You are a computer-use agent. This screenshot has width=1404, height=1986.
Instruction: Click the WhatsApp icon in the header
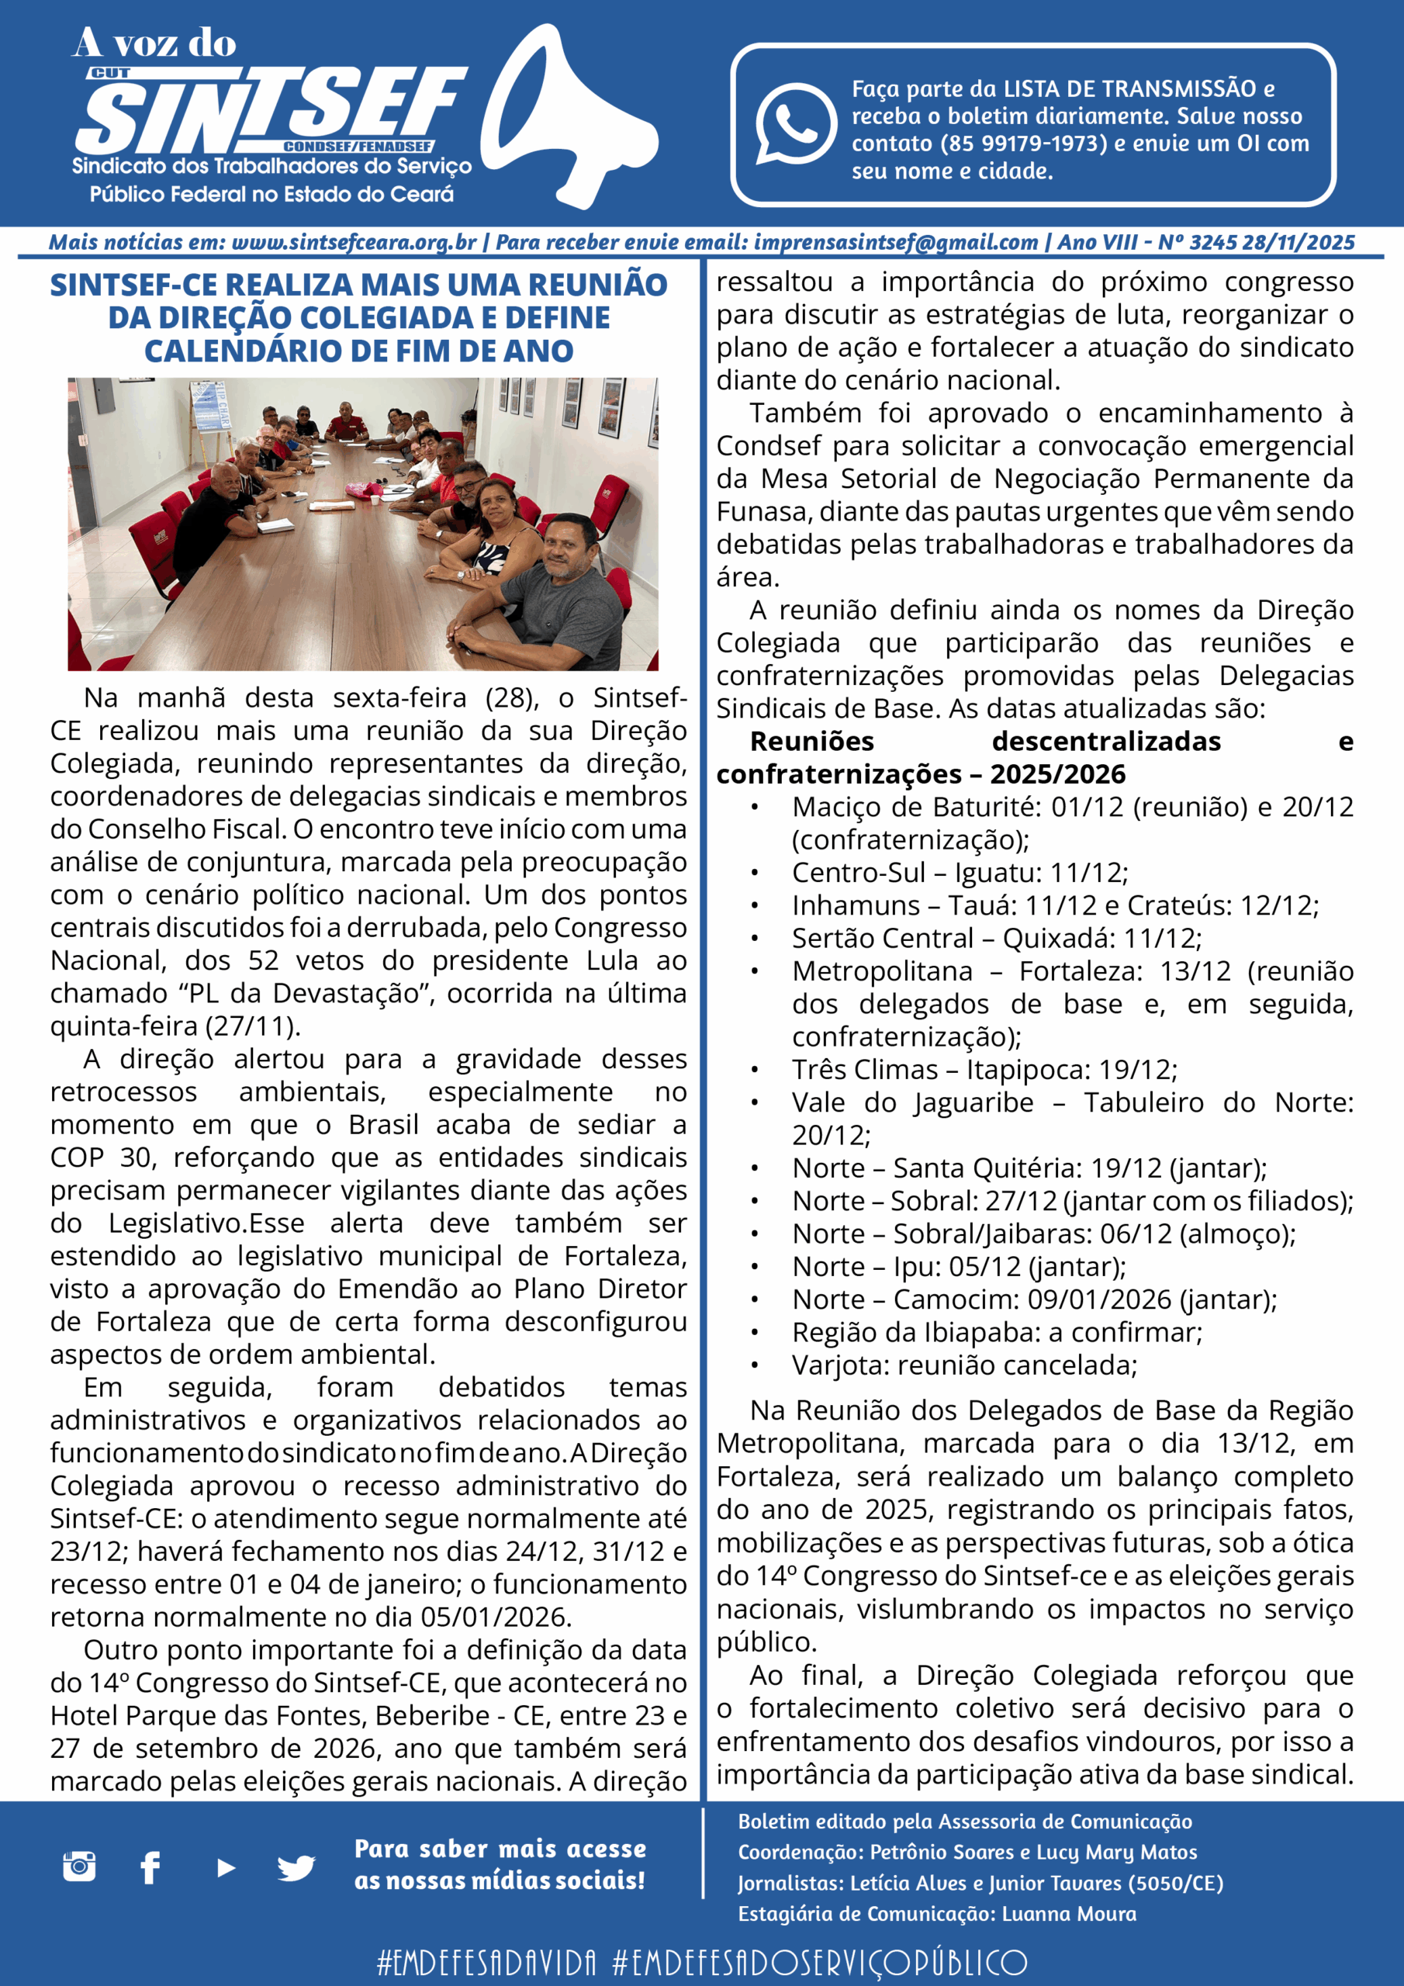pos(795,123)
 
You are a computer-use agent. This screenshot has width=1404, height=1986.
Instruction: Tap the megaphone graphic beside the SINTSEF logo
pos(566,117)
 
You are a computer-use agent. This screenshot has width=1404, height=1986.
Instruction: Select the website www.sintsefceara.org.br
pos(354,243)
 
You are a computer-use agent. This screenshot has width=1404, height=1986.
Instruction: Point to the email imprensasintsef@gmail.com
pos(895,243)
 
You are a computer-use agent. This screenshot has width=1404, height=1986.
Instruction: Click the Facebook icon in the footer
pos(150,1867)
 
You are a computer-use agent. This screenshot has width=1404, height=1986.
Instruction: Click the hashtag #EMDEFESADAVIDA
pos(487,1963)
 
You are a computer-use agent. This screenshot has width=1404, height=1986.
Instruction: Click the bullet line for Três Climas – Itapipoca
pos(984,1070)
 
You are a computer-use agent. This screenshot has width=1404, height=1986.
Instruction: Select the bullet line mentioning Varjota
pos(963,1366)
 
